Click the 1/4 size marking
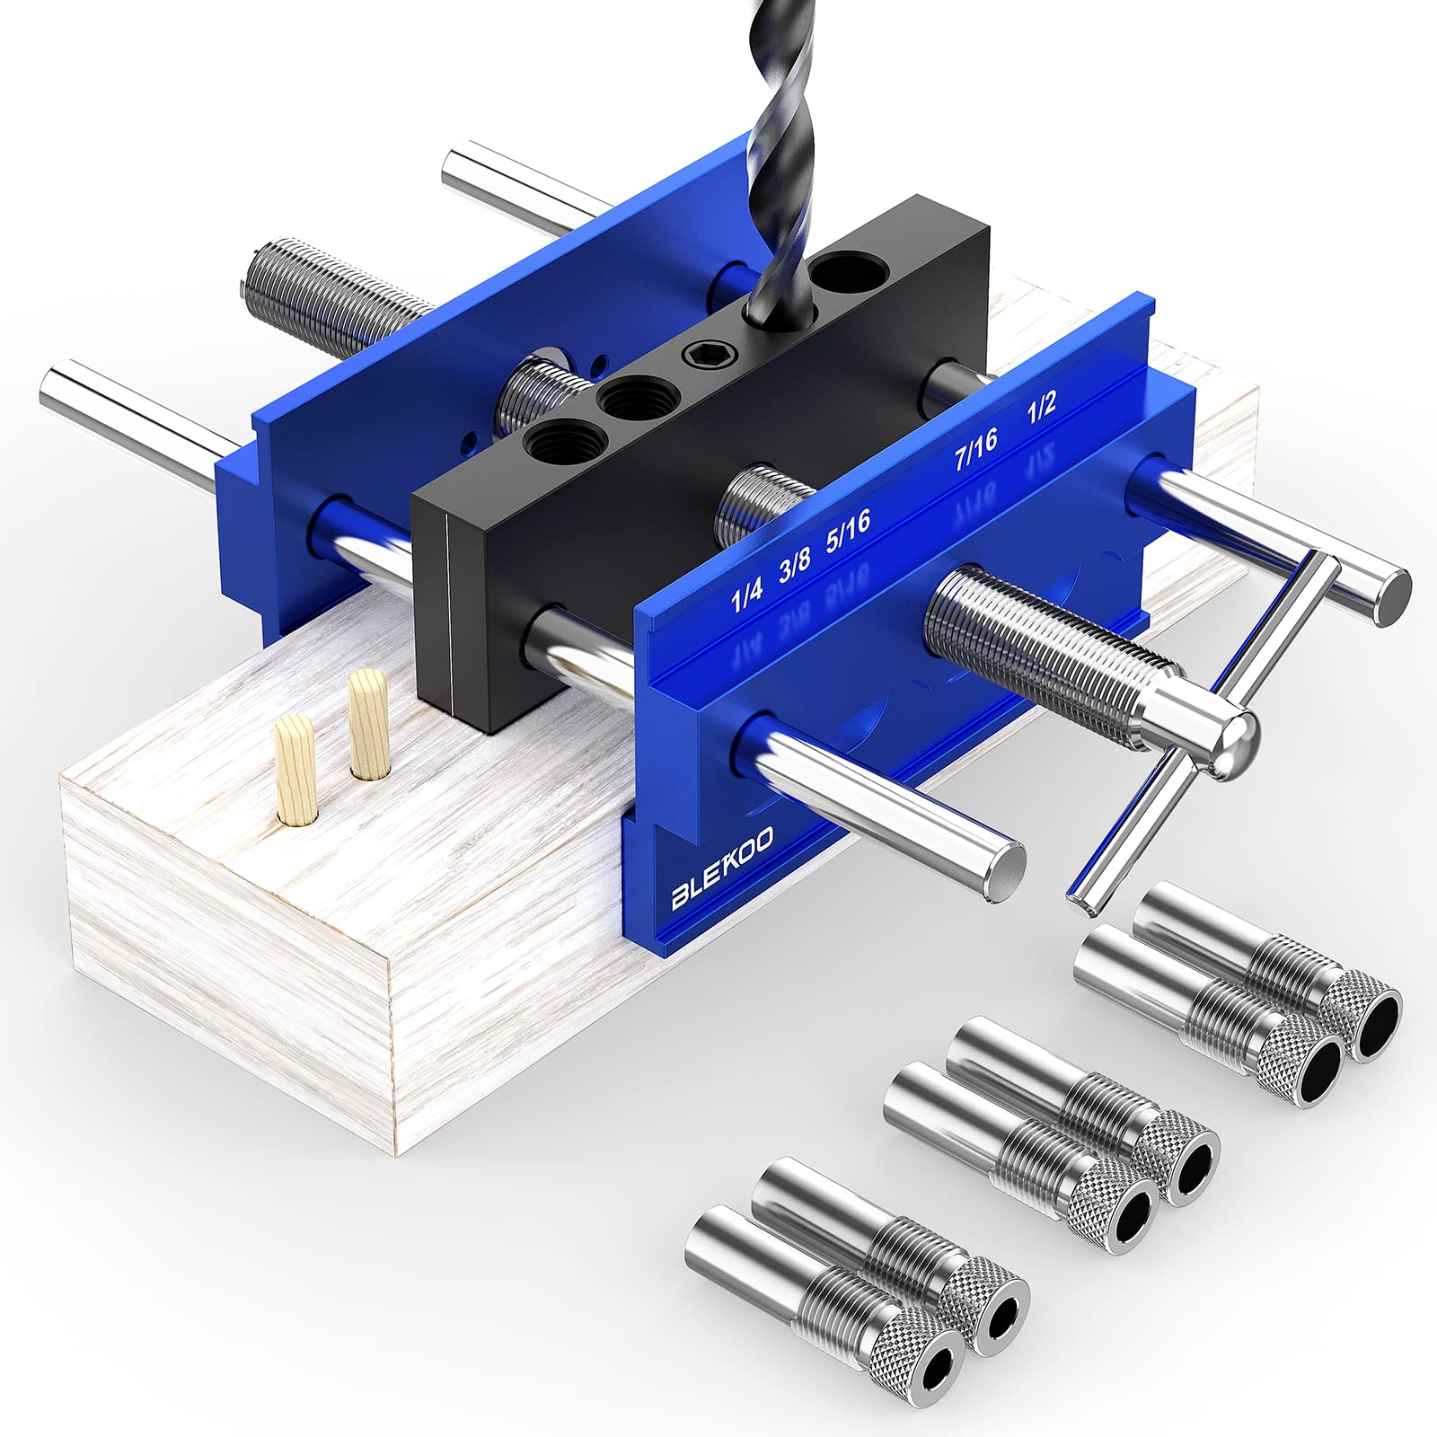pyautogui.click(x=747, y=595)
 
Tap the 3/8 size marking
pyautogui.click(x=795, y=569)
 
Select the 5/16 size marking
pyautogui.click(x=848, y=534)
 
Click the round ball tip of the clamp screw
pyautogui.click(x=1232, y=743)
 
